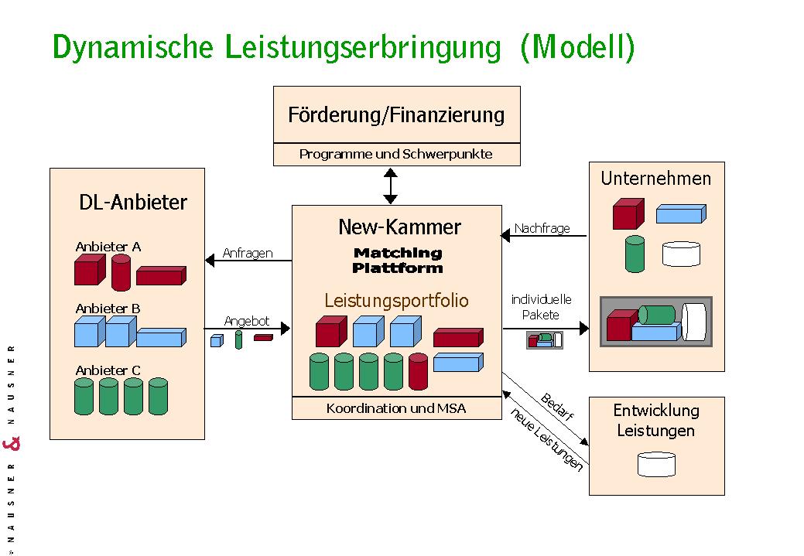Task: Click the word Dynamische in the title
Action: point(132,47)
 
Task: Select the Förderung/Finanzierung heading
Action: point(396,116)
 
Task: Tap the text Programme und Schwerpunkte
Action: point(396,154)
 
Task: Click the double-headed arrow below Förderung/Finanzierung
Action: point(391,186)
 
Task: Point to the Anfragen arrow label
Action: point(248,253)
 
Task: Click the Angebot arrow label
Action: point(247,321)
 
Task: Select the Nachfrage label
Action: point(542,228)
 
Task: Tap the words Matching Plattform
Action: point(398,261)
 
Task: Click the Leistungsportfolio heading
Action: point(396,300)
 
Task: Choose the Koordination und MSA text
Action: point(396,408)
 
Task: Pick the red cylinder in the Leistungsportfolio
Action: point(418,371)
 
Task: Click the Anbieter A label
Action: point(108,247)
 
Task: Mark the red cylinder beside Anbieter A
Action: point(121,272)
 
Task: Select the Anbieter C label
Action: point(108,370)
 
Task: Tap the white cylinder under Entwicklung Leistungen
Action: point(656,464)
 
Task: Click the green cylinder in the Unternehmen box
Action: point(635,254)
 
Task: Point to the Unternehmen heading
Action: point(656,179)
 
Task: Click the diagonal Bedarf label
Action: point(556,407)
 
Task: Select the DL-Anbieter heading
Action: point(133,203)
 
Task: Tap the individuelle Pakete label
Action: point(541,307)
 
